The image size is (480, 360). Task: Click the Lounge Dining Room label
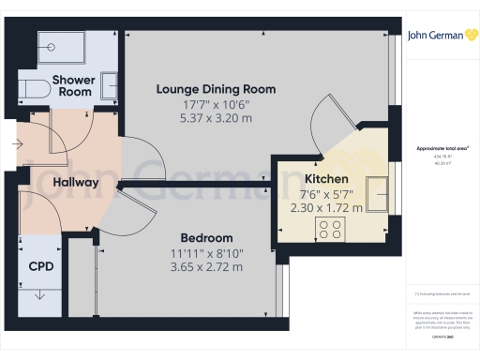coord(215,89)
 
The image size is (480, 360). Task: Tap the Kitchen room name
coord(326,178)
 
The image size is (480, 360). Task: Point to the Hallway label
coord(76,182)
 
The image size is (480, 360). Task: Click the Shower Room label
coord(72,86)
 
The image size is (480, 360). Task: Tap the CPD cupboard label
coord(41,266)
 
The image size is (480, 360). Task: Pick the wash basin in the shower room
coord(110,84)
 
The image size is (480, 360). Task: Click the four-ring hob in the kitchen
coord(331,230)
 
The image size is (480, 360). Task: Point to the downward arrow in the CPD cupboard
coord(39,297)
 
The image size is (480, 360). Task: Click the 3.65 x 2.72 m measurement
coord(207,267)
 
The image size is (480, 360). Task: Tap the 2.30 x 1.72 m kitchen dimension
coord(326,207)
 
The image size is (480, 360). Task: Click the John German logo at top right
coord(441,36)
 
